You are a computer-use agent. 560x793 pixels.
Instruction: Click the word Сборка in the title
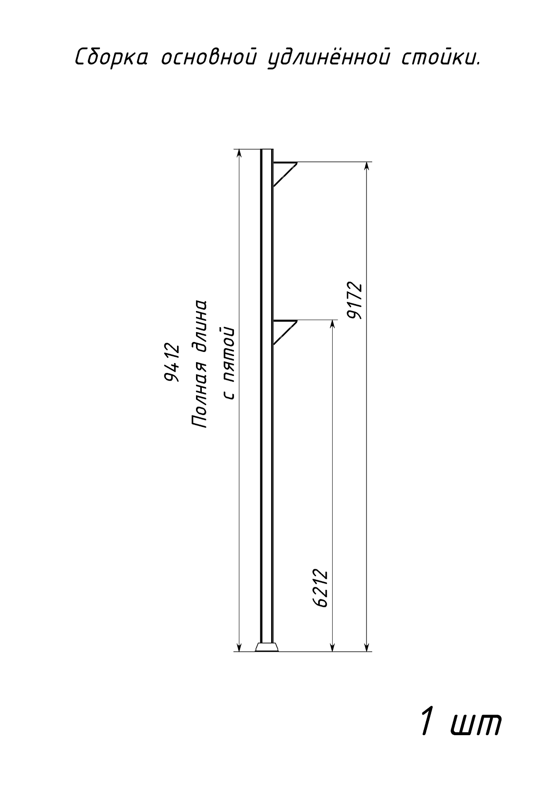click(111, 57)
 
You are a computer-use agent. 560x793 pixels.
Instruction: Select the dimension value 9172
click(354, 301)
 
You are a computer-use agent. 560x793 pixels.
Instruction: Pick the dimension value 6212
click(320, 589)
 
